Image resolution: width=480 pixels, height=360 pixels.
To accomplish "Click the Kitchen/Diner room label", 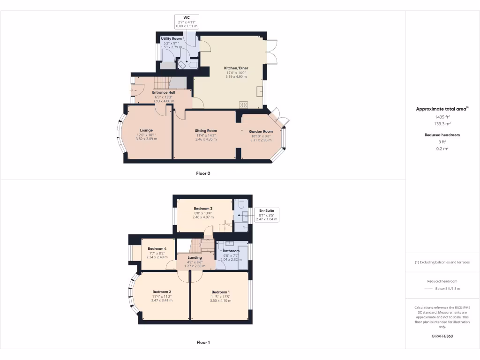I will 237,68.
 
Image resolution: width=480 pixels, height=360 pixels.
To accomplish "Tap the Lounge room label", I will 146,131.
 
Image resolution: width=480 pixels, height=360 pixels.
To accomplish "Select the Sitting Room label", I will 206,131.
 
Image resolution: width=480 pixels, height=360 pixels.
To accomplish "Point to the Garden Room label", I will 261,132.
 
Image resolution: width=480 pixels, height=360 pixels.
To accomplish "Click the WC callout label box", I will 186,22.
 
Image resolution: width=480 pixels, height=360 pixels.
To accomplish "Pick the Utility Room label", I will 171,39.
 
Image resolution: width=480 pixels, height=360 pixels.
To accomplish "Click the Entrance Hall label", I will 163,93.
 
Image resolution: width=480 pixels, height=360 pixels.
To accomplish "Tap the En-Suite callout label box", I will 266,215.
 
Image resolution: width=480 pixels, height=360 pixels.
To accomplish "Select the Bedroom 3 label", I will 203,209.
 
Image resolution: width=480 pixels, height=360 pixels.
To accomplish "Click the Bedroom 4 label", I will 157,249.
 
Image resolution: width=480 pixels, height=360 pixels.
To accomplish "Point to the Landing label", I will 195,258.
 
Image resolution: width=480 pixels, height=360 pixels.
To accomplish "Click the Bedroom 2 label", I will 161,292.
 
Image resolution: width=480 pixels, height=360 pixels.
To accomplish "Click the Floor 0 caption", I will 203,173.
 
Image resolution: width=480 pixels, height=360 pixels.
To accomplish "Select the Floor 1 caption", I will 203,343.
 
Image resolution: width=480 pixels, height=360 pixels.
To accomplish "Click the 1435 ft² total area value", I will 442,117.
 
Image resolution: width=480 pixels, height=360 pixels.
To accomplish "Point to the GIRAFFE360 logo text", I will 442,336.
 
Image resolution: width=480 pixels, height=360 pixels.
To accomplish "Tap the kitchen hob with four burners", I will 244,105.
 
